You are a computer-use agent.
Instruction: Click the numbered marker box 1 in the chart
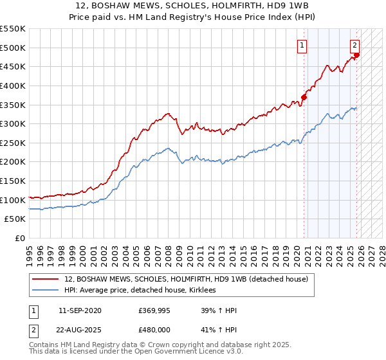[x=302, y=45]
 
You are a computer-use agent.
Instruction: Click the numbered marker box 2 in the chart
[x=354, y=45]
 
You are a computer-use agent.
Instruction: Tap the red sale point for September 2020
[x=304, y=97]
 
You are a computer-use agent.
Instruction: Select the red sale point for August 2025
[x=357, y=55]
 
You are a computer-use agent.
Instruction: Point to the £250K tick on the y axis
[x=14, y=143]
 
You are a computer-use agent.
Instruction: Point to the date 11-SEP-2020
[x=79, y=310]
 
